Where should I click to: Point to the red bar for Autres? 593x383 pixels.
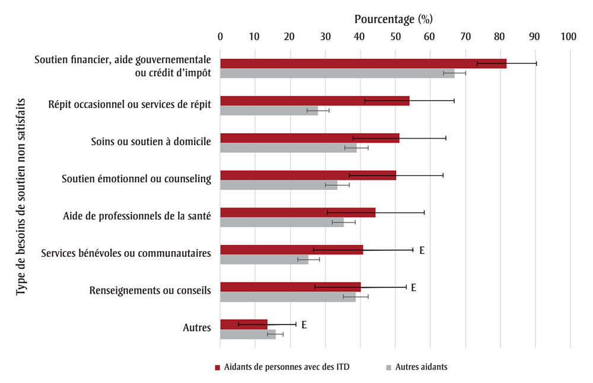pyautogui.click(x=244, y=324)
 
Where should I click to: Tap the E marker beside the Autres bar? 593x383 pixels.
pyautogui.click(x=304, y=324)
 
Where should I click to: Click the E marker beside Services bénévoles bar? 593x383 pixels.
pyautogui.click(x=422, y=250)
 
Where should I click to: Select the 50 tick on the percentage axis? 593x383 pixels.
pyautogui.click(x=395, y=37)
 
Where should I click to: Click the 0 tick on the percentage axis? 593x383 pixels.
pyautogui.click(x=221, y=37)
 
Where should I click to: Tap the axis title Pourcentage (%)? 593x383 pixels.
pyautogui.click(x=394, y=19)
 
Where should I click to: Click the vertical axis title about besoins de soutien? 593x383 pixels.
pyautogui.click(x=22, y=195)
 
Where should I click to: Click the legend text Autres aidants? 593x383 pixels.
pyautogui.click(x=421, y=367)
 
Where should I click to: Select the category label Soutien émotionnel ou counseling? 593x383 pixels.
pyautogui.click(x=136, y=179)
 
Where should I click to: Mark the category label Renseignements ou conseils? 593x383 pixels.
pyautogui.click(x=150, y=291)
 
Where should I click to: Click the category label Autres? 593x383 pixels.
pyautogui.click(x=197, y=327)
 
